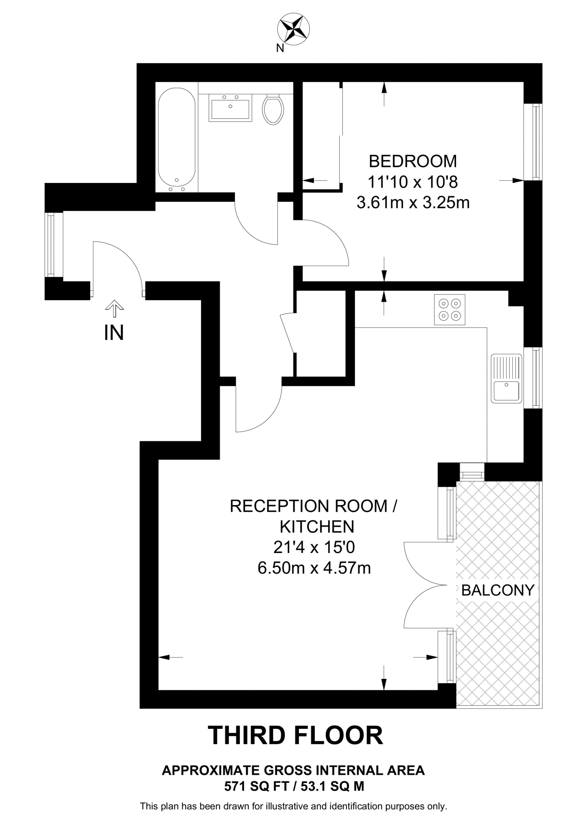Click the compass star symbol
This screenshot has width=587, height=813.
(293, 28)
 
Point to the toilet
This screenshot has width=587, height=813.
(273, 109)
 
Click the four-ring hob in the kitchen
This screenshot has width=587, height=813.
(449, 310)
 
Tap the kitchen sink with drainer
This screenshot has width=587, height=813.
(506, 378)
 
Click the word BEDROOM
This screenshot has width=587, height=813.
(413, 162)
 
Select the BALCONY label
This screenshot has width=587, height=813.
(498, 590)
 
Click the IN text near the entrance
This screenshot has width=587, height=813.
(114, 333)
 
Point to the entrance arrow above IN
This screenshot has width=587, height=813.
(114, 308)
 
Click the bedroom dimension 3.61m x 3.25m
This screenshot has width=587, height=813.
(413, 203)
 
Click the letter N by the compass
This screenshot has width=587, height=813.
(280, 48)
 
